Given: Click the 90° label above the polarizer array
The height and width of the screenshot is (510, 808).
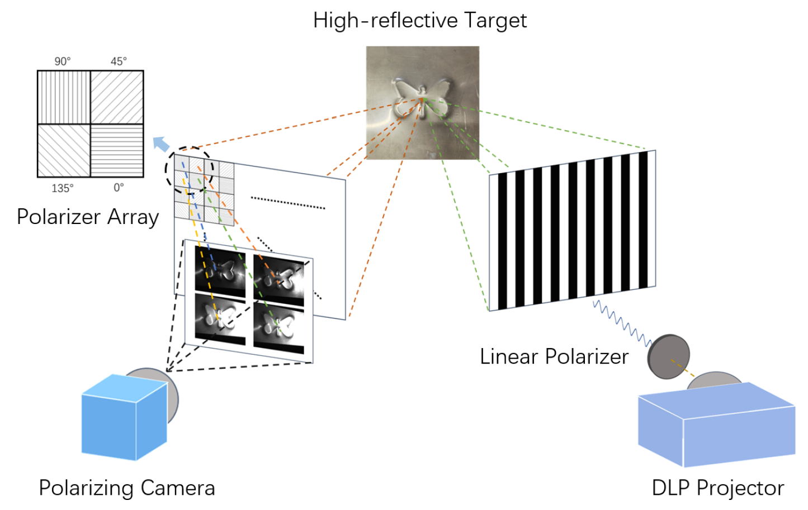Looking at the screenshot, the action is click(x=63, y=61).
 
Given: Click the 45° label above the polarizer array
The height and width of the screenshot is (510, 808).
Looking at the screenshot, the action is click(x=119, y=61).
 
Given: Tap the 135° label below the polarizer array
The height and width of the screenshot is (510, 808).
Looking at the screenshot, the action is click(x=63, y=188).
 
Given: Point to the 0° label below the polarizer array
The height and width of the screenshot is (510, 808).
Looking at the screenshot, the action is click(x=119, y=188).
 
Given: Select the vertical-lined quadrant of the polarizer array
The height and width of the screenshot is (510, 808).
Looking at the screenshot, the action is click(x=64, y=97).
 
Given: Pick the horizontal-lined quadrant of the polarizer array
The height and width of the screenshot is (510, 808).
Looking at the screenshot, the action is click(x=117, y=150).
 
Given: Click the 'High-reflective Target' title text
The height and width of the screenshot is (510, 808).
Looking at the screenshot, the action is click(x=419, y=21).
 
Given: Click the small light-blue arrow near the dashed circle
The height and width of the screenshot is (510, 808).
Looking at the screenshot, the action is click(x=161, y=144).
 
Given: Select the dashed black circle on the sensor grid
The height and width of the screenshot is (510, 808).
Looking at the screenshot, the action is click(x=189, y=170).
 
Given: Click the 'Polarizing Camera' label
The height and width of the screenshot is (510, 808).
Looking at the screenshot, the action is click(x=127, y=488).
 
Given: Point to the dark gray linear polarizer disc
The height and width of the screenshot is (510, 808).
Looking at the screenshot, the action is click(x=669, y=356).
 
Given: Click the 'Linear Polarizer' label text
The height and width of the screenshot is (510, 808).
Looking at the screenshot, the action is click(x=554, y=356).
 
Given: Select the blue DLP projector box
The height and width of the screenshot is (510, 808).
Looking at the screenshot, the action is click(x=716, y=425).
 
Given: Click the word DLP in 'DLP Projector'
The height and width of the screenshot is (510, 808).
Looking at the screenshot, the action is click(x=671, y=488).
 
